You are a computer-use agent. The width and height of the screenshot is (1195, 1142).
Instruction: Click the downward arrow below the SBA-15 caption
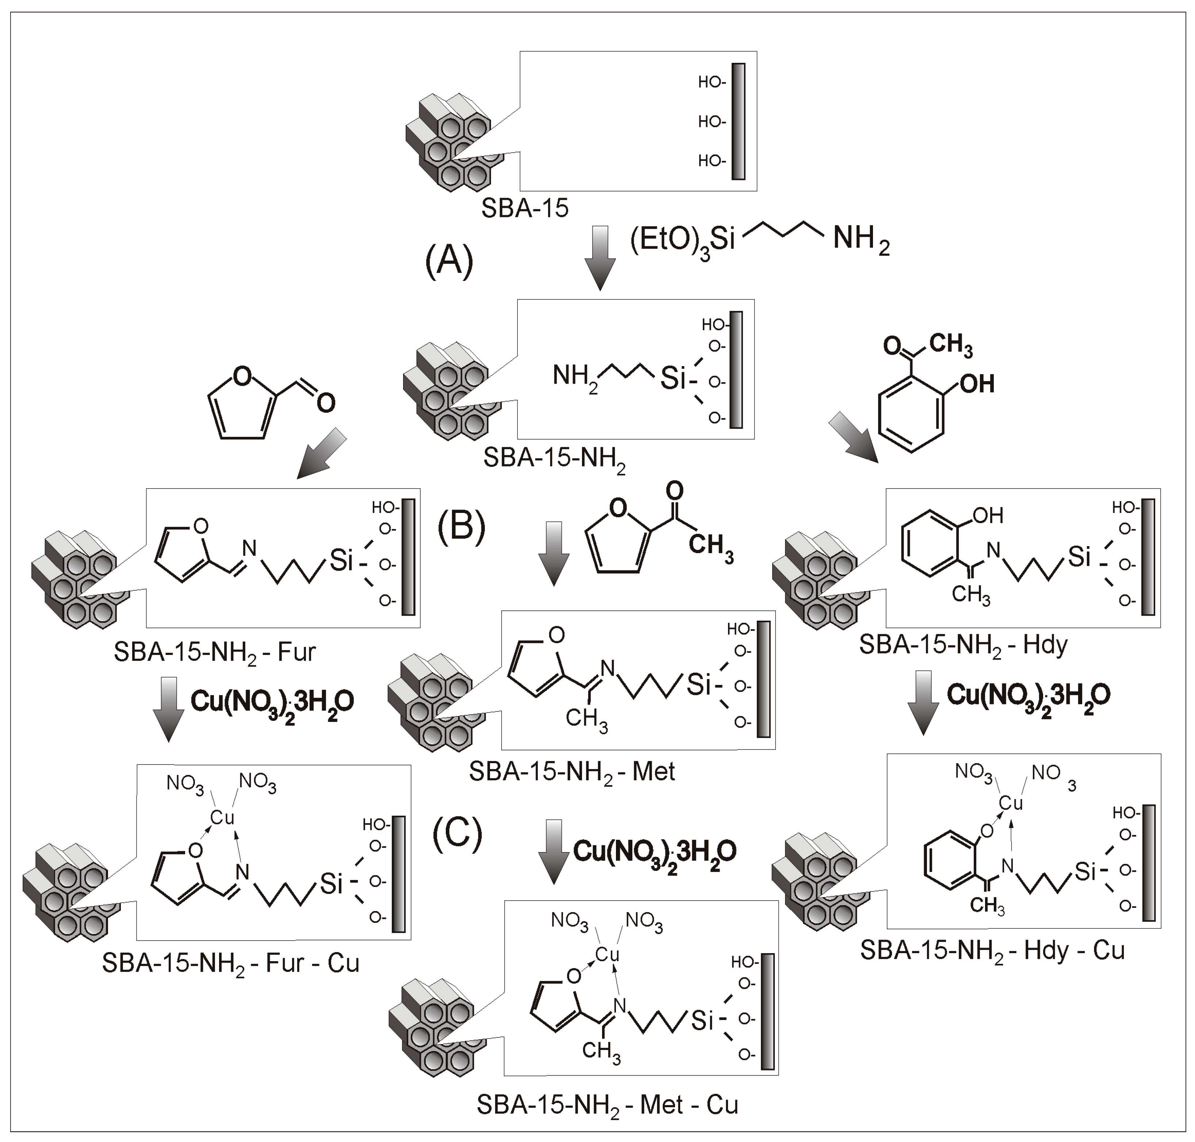(599, 258)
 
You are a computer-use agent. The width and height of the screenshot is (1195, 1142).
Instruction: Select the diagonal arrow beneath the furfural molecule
(322, 455)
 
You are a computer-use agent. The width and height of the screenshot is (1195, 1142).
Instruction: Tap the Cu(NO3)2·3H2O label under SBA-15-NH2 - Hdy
(1028, 696)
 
